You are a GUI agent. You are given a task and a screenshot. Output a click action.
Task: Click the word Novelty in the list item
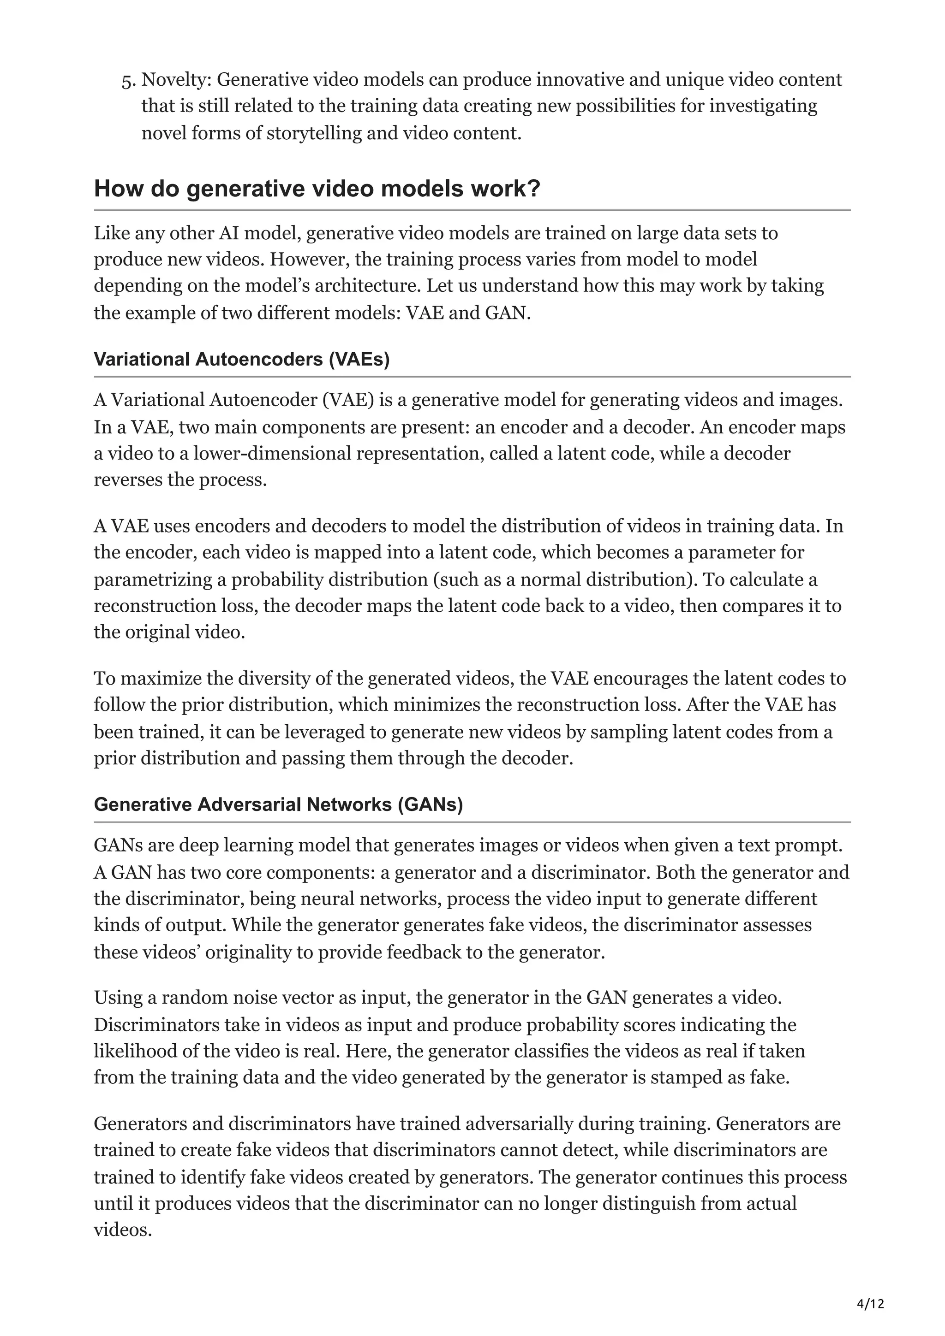(x=176, y=79)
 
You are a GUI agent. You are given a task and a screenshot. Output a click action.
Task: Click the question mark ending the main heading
(x=534, y=189)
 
